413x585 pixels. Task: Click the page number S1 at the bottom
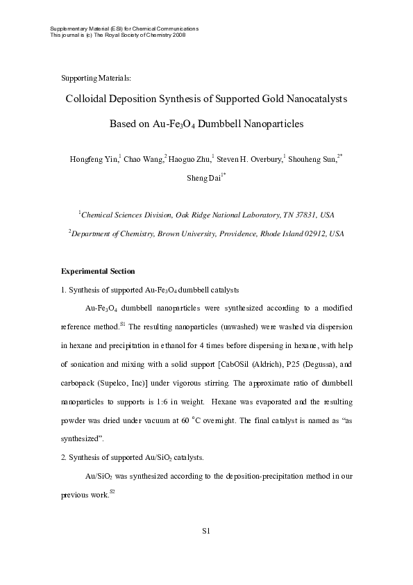[x=206, y=532]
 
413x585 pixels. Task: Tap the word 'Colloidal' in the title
[x=88, y=99]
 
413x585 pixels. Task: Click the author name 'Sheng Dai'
[x=203, y=178]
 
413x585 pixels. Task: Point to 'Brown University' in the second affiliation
[x=197, y=234]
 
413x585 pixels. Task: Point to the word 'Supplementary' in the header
[x=67, y=28]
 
